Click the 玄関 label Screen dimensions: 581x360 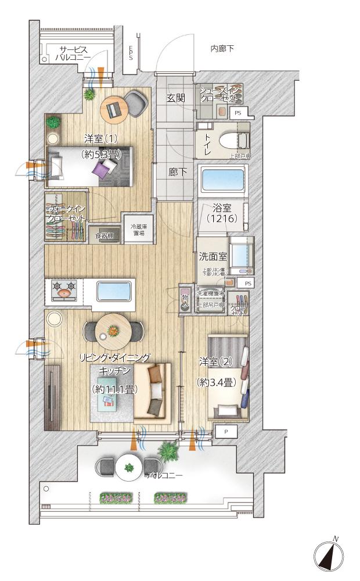point(175,98)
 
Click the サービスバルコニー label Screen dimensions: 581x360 point(73,53)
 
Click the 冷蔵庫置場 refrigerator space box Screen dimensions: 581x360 point(139,230)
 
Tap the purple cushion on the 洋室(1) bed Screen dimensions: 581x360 point(102,170)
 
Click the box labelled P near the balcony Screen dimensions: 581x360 point(226,432)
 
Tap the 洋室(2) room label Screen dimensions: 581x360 point(215,362)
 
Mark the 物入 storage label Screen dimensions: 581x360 point(186,300)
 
